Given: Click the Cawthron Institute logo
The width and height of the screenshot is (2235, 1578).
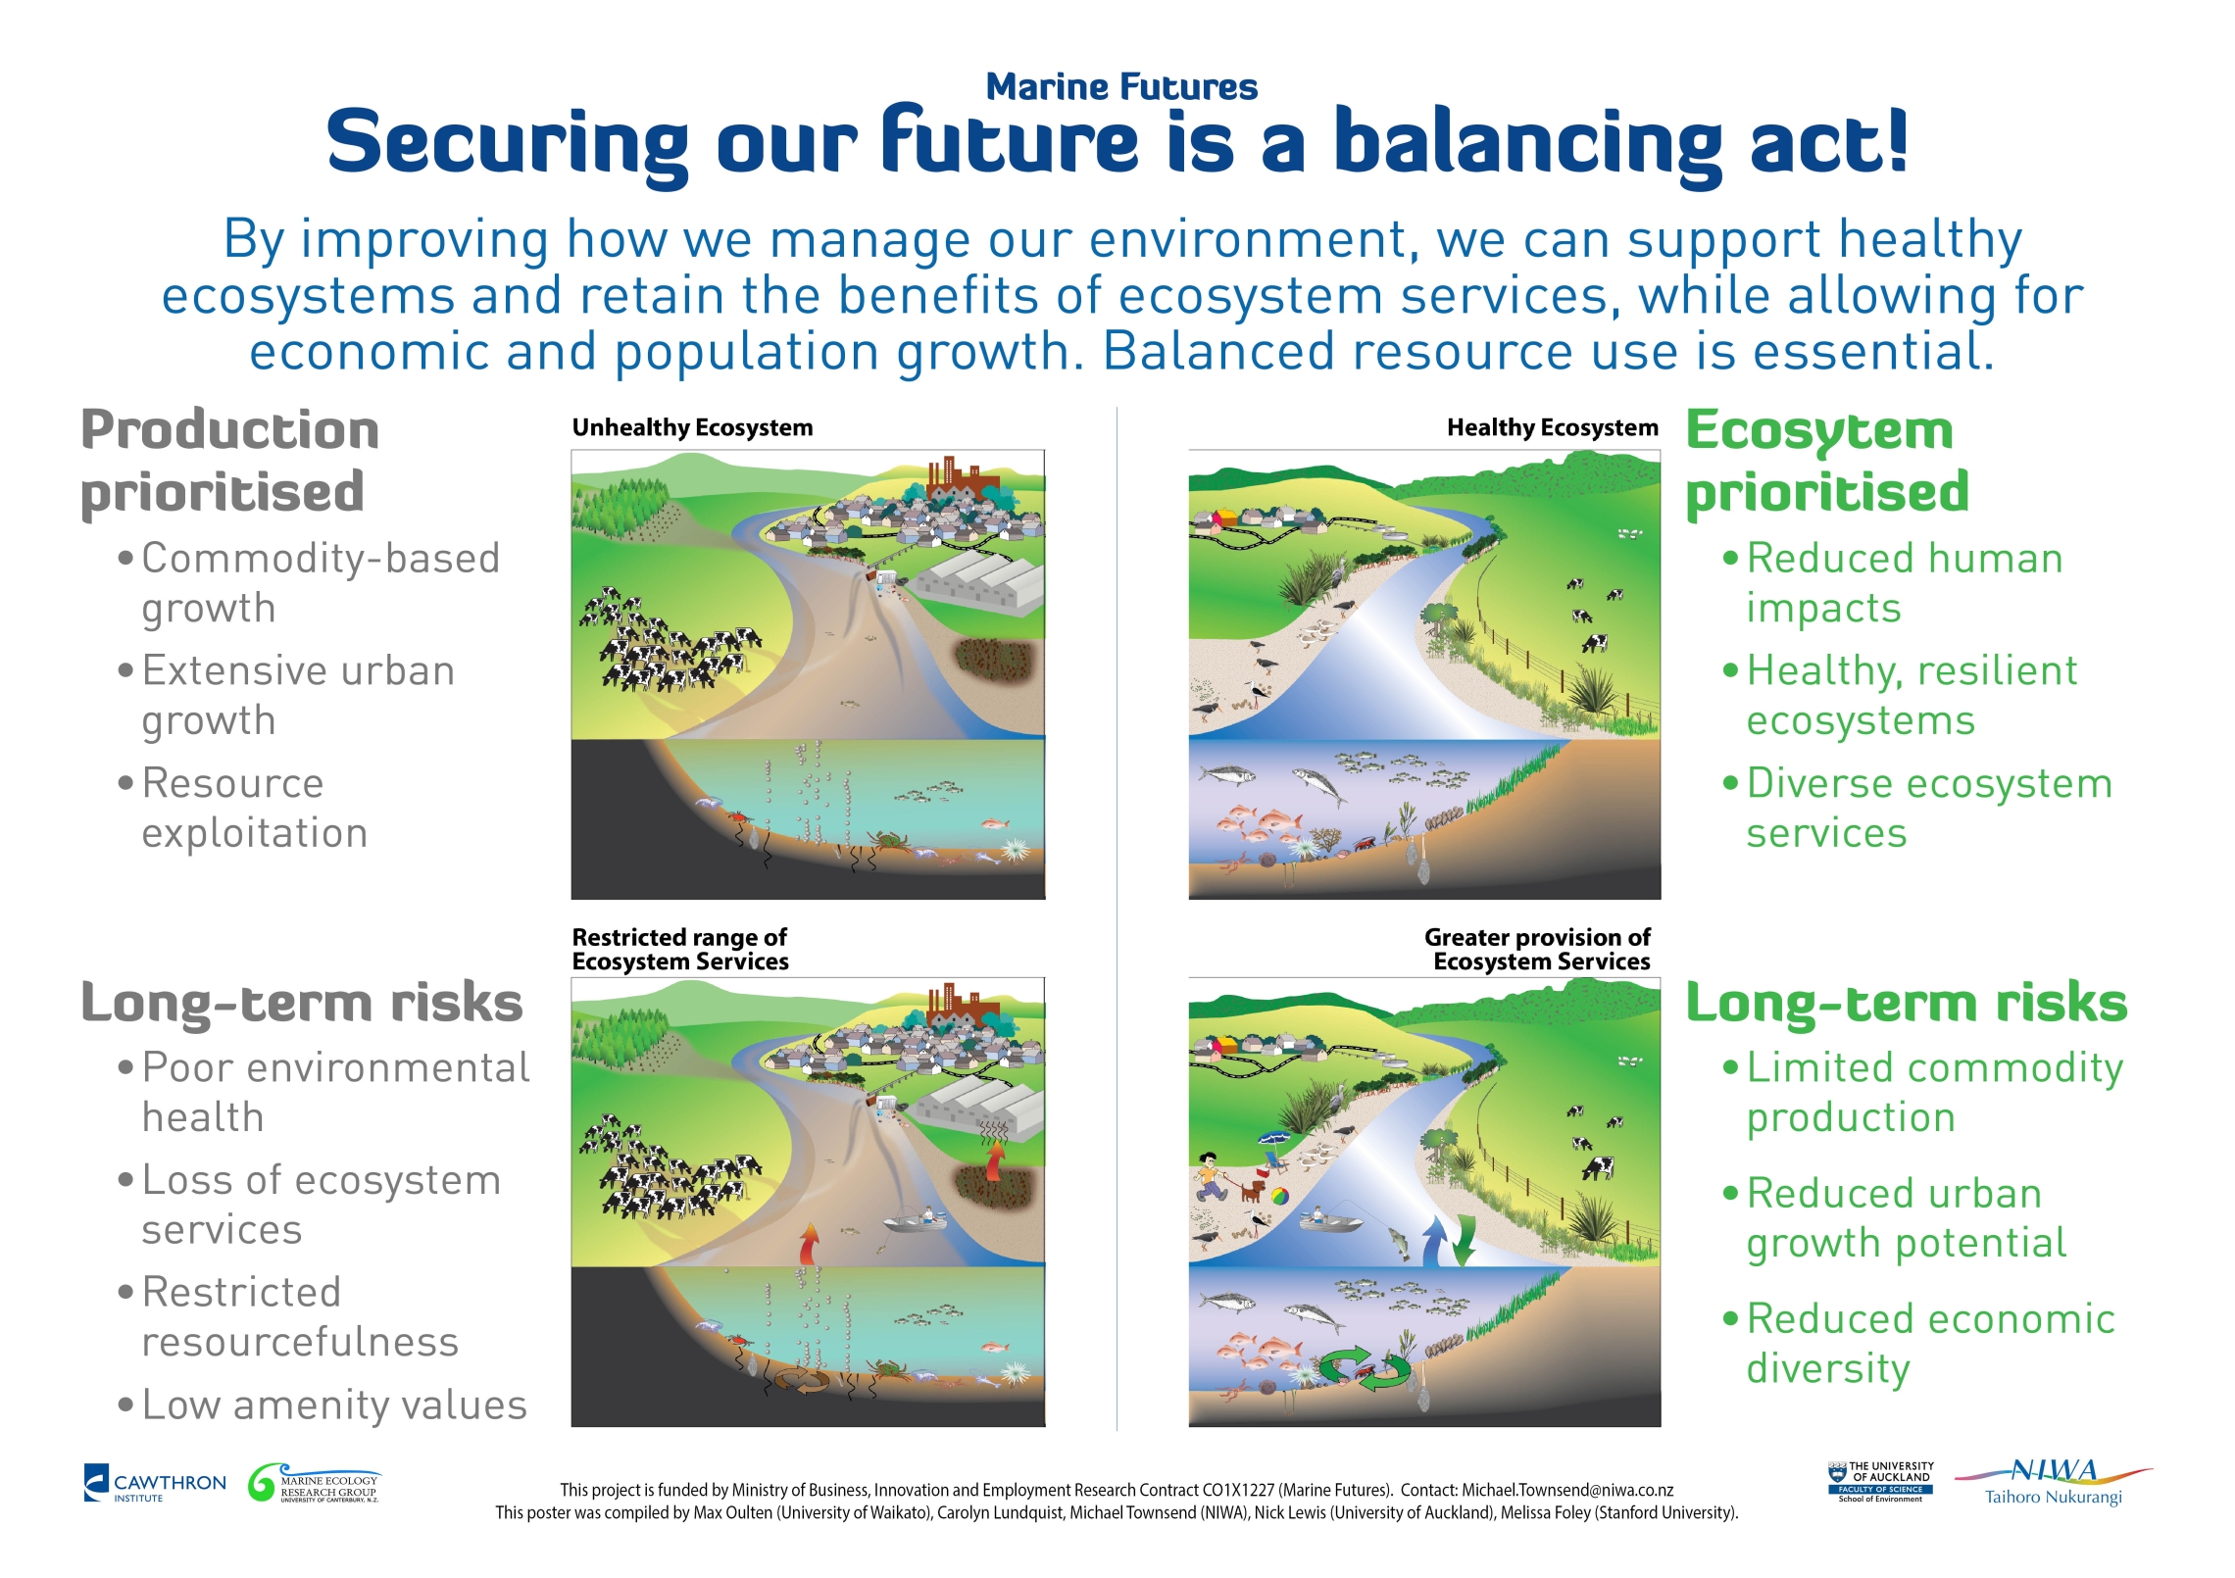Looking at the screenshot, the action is [x=155, y=1483].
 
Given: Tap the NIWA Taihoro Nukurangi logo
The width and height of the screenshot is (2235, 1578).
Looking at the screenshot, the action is [x=2053, y=1482].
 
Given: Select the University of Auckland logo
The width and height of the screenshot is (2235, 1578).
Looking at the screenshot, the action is [x=1880, y=1482].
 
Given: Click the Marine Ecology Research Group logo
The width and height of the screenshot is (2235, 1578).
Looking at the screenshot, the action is [x=314, y=1483].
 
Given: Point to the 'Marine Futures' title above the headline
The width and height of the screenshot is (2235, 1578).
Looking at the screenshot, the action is [x=1121, y=86].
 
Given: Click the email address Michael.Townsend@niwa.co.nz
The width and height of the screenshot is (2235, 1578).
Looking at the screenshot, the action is [x=1567, y=1490].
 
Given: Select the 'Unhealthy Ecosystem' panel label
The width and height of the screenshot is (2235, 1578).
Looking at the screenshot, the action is [x=692, y=427].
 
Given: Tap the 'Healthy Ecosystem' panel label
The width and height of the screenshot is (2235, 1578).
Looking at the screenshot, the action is [x=1553, y=427].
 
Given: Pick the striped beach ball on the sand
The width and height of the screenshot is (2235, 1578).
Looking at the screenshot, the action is [x=1279, y=1197].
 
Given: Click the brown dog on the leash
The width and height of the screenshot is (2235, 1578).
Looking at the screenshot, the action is [x=1252, y=1190].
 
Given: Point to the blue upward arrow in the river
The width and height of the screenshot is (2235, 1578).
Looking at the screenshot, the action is [x=1434, y=1239].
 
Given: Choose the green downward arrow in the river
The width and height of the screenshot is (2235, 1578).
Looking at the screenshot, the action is [x=1463, y=1239].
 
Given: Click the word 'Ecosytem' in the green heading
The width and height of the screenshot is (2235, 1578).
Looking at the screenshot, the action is [x=1819, y=431].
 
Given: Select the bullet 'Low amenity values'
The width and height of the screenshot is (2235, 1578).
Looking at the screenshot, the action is [x=334, y=1405].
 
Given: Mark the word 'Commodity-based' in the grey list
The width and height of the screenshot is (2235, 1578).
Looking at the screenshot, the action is [x=321, y=559].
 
